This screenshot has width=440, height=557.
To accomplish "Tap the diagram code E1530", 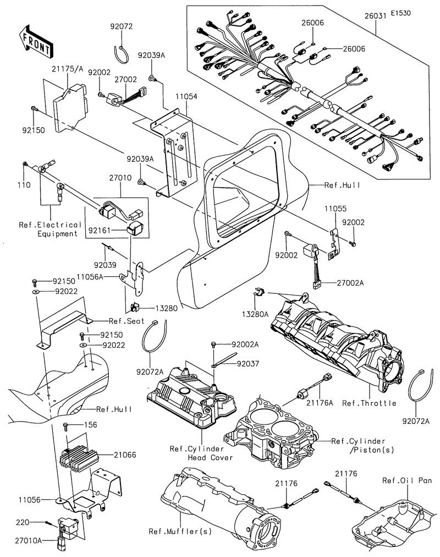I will [x=400, y=12].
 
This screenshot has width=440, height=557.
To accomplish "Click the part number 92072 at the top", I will [x=121, y=26].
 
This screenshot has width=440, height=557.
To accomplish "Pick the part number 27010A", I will [x=28, y=541].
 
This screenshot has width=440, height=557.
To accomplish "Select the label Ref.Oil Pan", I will [x=407, y=480].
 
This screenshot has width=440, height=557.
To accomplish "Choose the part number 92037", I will [x=248, y=364].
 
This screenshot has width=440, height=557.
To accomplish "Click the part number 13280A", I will [x=255, y=314].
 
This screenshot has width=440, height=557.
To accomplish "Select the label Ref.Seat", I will [x=127, y=320].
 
